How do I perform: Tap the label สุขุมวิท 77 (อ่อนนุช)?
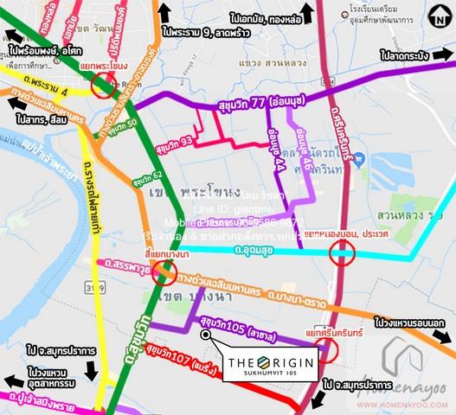[259, 106]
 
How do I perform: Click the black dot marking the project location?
[206, 338]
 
